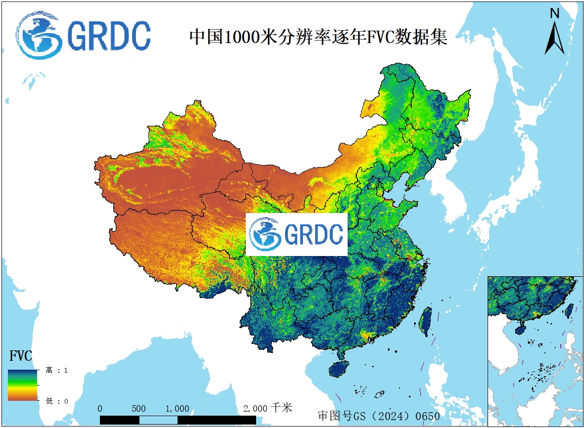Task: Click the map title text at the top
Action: pyautogui.click(x=318, y=37)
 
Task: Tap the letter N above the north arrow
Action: pyautogui.click(x=555, y=14)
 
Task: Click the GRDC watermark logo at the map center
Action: pyautogui.click(x=297, y=235)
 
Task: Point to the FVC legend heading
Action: pyautogui.click(x=21, y=356)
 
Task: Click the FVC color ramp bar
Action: pyautogui.click(x=22, y=385)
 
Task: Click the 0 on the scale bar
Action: pyautogui.click(x=100, y=409)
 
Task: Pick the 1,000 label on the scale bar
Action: pyautogui.click(x=177, y=409)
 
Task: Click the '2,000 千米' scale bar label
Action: pyautogui.click(x=268, y=408)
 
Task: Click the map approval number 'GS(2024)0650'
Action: pyautogui.click(x=378, y=416)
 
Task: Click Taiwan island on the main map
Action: pyautogui.click(x=425, y=321)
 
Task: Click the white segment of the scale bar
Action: pyautogui.click(x=158, y=420)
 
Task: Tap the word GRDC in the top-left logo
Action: pyautogui.click(x=108, y=36)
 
